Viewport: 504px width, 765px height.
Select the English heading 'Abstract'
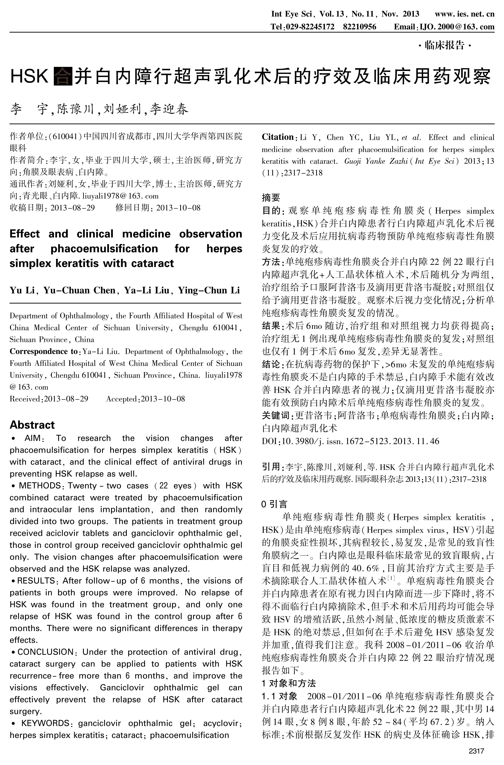pos(32,425)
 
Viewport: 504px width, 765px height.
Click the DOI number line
pos(350,441)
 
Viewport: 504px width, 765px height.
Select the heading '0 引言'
pos(274,504)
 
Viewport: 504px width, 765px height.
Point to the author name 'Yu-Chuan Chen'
pos(79,291)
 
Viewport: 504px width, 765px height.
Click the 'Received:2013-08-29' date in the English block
pos(49,399)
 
